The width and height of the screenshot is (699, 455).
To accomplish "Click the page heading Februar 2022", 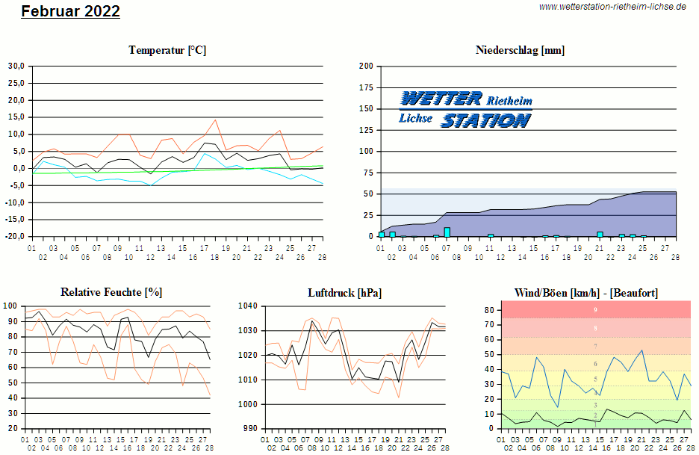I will click(70, 11).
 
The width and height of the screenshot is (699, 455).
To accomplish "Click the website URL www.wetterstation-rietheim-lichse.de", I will click(612, 6).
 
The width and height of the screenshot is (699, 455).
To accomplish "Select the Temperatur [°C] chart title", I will click(167, 50).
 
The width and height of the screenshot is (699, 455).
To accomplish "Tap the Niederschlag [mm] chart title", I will click(520, 50).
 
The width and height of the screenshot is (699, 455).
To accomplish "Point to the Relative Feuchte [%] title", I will click(111, 292).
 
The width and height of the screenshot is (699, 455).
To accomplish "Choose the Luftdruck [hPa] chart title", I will click(344, 292).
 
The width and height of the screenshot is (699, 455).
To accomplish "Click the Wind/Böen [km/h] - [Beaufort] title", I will click(586, 292).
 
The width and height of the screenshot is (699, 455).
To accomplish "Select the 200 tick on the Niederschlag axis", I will click(366, 66).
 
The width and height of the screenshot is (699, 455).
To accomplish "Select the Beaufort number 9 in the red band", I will click(595, 309).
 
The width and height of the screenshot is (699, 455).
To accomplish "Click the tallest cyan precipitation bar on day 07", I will click(447, 232).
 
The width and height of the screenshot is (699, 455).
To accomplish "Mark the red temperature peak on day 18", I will click(216, 120).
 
